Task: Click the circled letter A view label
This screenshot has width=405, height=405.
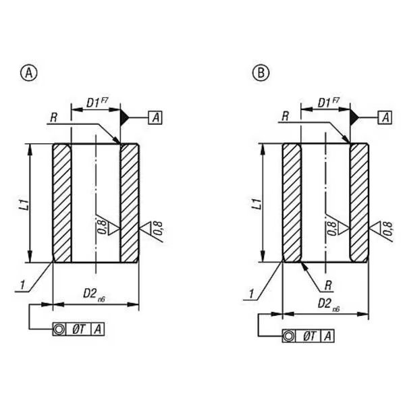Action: pyautogui.click(x=28, y=73)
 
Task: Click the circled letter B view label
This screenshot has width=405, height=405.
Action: pyautogui.click(x=261, y=73)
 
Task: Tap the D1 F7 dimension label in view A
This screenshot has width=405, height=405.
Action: pyautogui.click(x=97, y=103)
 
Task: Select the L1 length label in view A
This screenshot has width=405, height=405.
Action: pyautogui.click(x=26, y=204)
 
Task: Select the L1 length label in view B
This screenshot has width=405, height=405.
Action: pyautogui.click(x=257, y=204)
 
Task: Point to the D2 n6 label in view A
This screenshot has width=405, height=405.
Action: pyautogui.click(x=94, y=295)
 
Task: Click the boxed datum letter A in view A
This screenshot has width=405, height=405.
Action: pyautogui.click(x=155, y=117)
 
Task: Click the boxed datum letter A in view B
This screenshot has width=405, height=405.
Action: pyautogui.click(x=385, y=117)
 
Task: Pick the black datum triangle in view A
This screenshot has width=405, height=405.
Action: pyautogui.click(x=124, y=117)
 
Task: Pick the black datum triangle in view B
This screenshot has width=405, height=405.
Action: pyautogui.click(x=354, y=117)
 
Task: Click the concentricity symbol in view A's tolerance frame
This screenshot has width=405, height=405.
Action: pyautogui.click(x=59, y=329)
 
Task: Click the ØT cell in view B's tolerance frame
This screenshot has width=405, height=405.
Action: pyautogui.click(x=309, y=336)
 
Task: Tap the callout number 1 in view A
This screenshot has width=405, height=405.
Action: pyautogui.click(x=23, y=285)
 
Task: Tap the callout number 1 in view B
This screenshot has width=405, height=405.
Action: pyautogui.click(x=251, y=294)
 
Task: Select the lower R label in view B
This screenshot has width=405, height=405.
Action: pyautogui.click(x=328, y=286)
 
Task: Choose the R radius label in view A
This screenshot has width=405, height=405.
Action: pyautogui.click(x=54, y=117)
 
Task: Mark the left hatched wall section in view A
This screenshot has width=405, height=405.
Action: pyautogui.click(x=62, y=203)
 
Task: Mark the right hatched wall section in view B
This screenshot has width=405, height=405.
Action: pyautogui.click(x=359, y=203)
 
